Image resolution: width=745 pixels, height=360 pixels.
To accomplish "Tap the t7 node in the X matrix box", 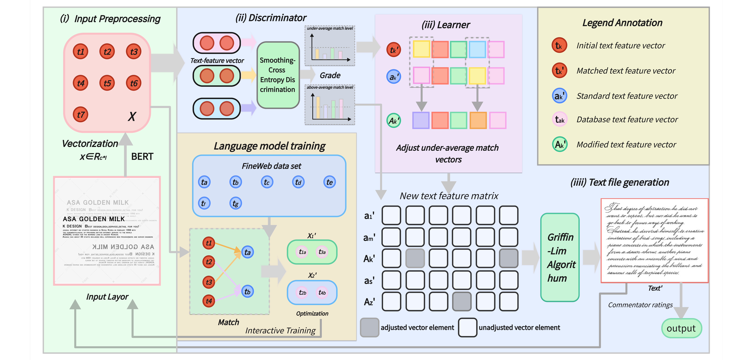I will (80, 115).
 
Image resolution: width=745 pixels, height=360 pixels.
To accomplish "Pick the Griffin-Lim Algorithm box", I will (560, 258).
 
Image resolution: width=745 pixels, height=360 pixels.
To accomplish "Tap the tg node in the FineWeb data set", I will (235, 203).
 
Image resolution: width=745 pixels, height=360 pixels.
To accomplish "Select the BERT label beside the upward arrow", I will (142, 157).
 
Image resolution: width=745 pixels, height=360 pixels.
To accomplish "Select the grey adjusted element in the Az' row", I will (462, 302).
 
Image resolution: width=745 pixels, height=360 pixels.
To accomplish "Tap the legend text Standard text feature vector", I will (627, 96).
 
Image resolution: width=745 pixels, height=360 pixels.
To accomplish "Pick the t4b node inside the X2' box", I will (322, 293).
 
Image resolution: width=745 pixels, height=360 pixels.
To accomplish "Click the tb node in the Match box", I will (247, 291).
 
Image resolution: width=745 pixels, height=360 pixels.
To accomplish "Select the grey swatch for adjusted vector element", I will (369, 327).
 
